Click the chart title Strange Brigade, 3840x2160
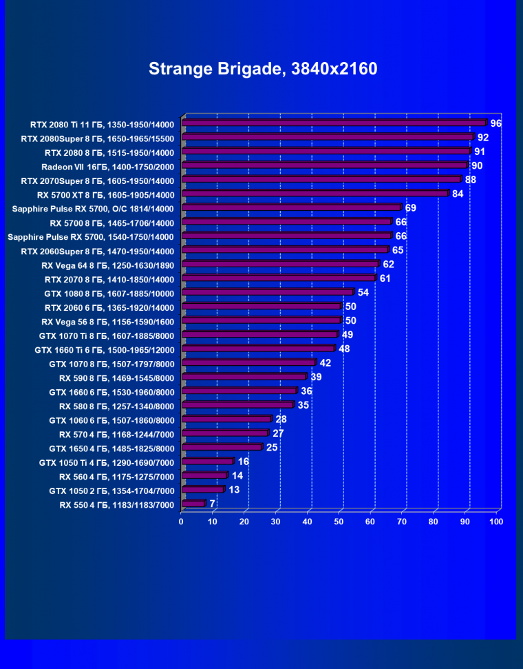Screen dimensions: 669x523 (x=263, y=69)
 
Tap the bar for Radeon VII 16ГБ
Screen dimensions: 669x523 (x=324, y=165)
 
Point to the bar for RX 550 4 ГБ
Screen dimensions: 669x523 (x=193, y=504)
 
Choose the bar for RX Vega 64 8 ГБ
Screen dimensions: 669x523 (x=280, y=264)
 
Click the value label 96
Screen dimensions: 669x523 (x=495, y=123)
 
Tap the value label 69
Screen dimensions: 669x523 (x=411, y=207)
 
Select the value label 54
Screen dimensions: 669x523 (x=363, y=292)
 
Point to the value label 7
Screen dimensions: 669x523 (x=213, y=504)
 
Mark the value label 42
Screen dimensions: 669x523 (x=325, y=362)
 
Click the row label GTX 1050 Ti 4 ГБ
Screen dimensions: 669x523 (x=107, y=462)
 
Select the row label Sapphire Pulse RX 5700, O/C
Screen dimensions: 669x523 (x=94, y=208)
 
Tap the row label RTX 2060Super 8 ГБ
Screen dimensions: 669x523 (x=98, y=251)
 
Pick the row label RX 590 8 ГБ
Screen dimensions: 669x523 (x=117, y=378)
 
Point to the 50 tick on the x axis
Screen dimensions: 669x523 (x=339, y=522)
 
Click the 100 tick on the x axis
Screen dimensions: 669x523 (x=495, y=522)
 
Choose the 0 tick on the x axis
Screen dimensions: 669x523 (x=181, y=522)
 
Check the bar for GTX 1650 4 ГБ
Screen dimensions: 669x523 (x=222, y=447)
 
